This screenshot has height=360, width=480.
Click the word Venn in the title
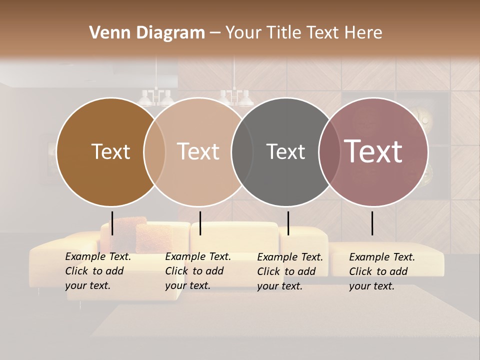click(x=105, y=33)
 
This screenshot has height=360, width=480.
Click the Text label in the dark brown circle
click(x=110, y=151)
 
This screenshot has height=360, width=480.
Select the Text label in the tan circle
click(x=198, y=151)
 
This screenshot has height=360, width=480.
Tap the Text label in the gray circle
click(x=285, y=151)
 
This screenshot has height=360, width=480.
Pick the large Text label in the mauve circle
click(x=373, y=151)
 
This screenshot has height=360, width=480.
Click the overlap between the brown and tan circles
click(x=154, y=151)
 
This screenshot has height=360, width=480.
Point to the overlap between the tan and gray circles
click(x=242, y=151)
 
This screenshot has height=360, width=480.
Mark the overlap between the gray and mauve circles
click(x=329, y=151)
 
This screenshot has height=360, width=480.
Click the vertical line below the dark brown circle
click(x=112, y=223)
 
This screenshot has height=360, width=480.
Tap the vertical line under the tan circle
click(x=200, y=223)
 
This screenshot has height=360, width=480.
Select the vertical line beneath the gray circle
click(x=288, y=223)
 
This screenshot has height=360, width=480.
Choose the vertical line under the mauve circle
click(x=372, y=223)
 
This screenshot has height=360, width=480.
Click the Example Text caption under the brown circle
click(x=97, y=271)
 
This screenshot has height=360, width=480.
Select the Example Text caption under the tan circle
click(x=197, y=271)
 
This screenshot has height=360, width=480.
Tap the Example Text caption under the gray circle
click(x=289, y=271)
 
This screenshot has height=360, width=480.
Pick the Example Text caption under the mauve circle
click(x=381, y=271)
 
